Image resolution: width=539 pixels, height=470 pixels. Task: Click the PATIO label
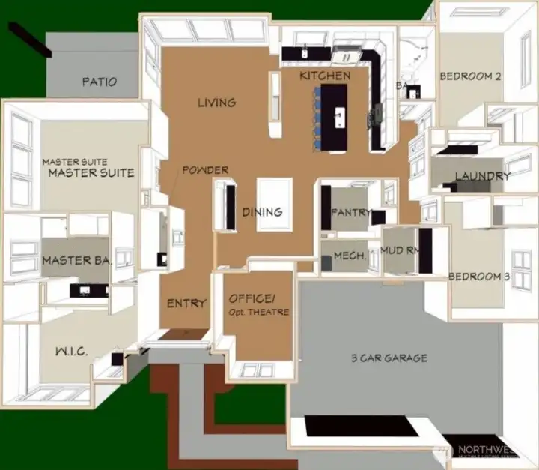click(x=99, y=82)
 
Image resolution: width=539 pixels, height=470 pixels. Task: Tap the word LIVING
click(x=216, y=103)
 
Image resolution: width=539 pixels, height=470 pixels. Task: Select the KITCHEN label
click(x=324, y=76)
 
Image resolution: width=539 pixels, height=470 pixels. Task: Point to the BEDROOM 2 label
click(x=469, y=76)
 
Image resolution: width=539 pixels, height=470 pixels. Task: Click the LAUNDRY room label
click(x=482, y=176)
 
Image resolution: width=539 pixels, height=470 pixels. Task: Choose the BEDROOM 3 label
click(x=479, y=277)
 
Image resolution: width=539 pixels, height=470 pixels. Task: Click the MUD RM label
click(x=398, y=250)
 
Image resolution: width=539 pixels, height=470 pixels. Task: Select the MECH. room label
click(x=350, y=256)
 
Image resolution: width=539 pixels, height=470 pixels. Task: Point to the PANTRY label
click(x=350, y=212)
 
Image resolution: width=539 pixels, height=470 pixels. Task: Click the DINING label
click(x=262, y=212)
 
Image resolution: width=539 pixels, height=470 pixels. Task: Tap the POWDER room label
click(x=204, y=170)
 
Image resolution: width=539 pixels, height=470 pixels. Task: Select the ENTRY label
click(x=186, y=303)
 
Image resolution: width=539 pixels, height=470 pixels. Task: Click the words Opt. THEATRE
click(x=258, y=312)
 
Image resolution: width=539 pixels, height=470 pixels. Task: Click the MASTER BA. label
click(x=76, y=261)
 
